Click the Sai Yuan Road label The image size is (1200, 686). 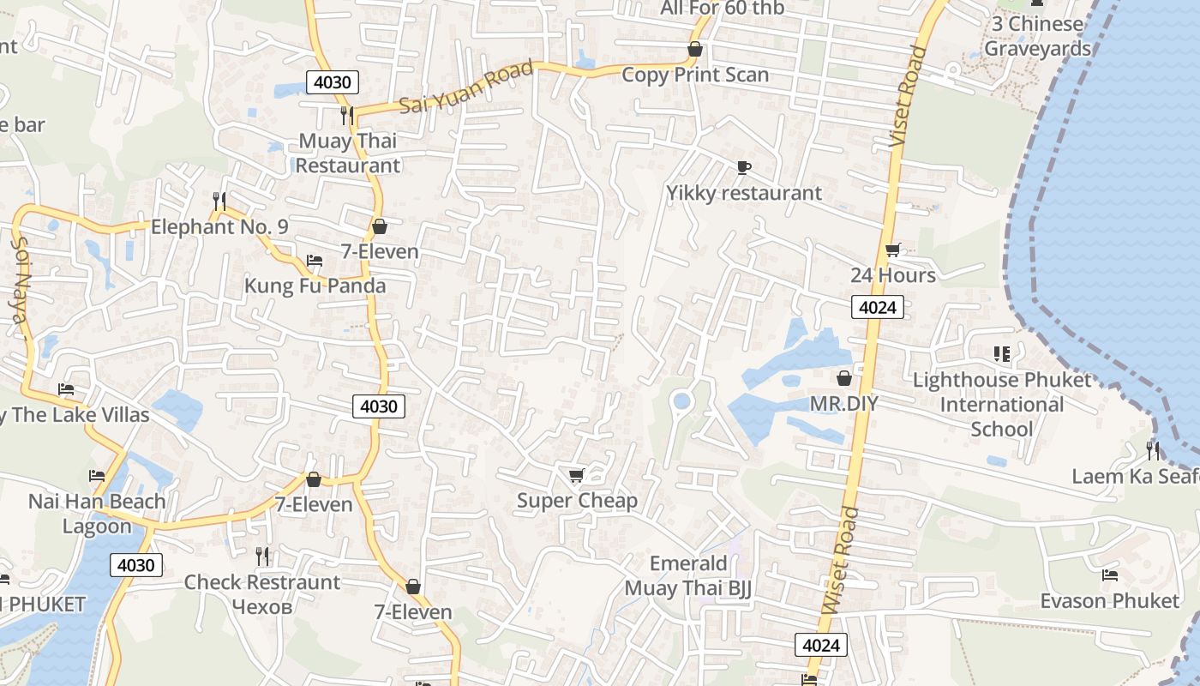pyautogui.click(x=466, y=88)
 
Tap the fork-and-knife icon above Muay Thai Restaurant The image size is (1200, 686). pyautogui.click(x=347, y=115)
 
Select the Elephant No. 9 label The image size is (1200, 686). pyautogui.click(x=219, y=227)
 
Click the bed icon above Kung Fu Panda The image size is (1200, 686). pyautogui.click(x=315, y=261)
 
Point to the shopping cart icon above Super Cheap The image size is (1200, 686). pyautogui.click(x=576, y=475)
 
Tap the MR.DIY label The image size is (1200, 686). pyautogui.click(x=844, y=403)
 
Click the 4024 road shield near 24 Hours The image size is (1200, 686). pyautogui.click(x=878, y=307)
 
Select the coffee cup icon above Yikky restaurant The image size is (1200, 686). pyautogui.click(x=743, y=167)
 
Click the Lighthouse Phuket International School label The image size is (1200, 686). pyautogui.click(x=1002, y=404)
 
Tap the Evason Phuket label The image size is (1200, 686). pyautogui.click(x=1109, y=600)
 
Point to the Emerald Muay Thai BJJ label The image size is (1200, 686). pyautogui.click(x=688, y=575)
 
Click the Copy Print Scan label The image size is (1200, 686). pyautogui.click(x=695, y=75)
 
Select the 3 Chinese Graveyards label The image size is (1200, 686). pyautogui.click(x=1037, y=36)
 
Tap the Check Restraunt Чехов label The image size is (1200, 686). pyautogui.click(x=262, y=593)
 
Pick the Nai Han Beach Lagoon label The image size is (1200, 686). pyautogui.click(x=97, y=513)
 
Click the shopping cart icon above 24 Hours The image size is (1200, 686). pyautogui.click(x=892, y=250)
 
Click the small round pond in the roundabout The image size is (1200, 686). pyautogui.click(x=681, y=400)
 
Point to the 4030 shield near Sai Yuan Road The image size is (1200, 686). pyautogui.click(x=333, y=82)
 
